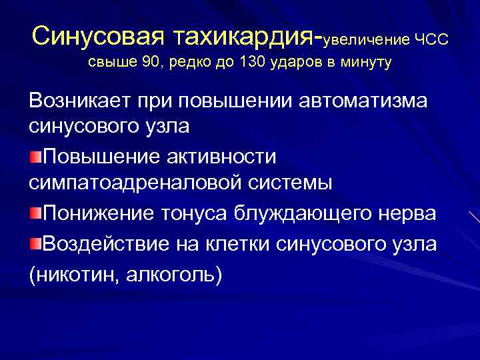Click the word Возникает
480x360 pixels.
pos(80,101)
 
